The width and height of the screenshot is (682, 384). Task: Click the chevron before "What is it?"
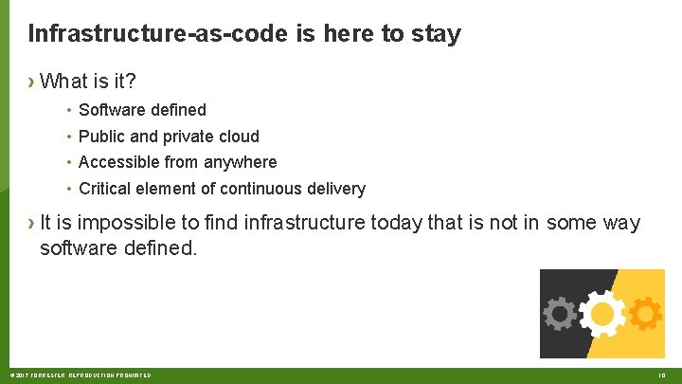pos(32,82)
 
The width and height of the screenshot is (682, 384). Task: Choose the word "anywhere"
pos(243,162)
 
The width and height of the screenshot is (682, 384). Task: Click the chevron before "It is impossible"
pos(32,223)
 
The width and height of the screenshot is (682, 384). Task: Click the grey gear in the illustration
pos(560,314)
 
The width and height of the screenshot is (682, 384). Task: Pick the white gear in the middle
pos(601,314)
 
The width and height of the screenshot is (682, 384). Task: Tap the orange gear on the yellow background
pos(645,314)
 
